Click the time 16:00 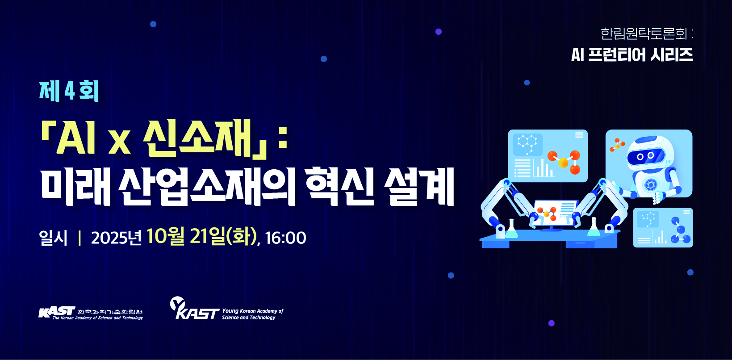(285, 238)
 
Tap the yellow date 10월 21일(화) (201, 237)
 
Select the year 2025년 (116, 238)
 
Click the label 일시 (53, 238)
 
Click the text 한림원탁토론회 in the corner (644, 33)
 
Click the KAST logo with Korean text (91, 313)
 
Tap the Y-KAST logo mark (194, 308)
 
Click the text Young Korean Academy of (253, 311)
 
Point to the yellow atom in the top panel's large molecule (563, 162)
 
